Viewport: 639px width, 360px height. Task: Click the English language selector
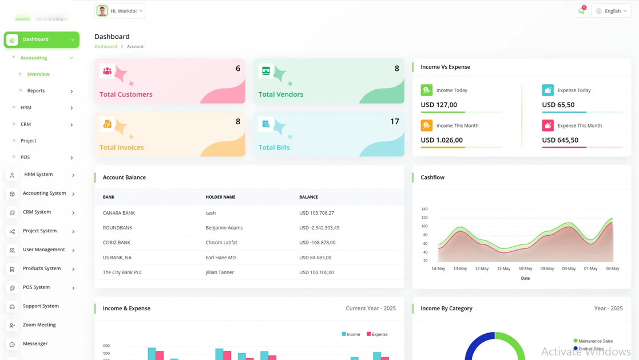pyautogui.click(x=612, y=11)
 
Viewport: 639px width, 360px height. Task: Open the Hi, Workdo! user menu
pyautogui.click(x=120, y=11)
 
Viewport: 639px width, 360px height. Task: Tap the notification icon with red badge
pyautogui.click(x=581, y=11)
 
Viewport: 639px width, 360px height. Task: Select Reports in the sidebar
pyautogui.click(x=36, y=91)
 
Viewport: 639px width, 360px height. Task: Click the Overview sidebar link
pyautogui.click(x=38, y=74)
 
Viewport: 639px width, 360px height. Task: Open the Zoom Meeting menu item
pyautogui.click(x=39, y=325)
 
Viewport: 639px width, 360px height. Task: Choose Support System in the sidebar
pyautogui.click(x=41, y=306)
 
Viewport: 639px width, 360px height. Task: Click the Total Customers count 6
pyautogui.click(x=238, y=69)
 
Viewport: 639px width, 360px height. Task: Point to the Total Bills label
pyautogui.click(x=274, y=148)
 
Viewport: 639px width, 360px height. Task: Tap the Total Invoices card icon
pyautogui.click(x=107, y=124)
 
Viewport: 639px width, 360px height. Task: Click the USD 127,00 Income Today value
pyautogui.click(x=439, y=105)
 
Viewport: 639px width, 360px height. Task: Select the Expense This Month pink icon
pyautogui.click(x=547, y=125)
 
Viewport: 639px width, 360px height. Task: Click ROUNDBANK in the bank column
pyautogui.click(x=117, y=228)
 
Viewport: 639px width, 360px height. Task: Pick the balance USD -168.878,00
pyautogui.click(x=317, y=243)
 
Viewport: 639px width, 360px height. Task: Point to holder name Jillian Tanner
pyautogui.click(x=220, y=272)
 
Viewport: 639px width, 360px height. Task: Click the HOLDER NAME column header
pyautogui.click(x=220, y=197)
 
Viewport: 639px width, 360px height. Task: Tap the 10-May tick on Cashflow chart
pyautogui.click(x=525, y=268)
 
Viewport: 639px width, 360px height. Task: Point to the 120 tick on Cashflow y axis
pyautogui.click(x=424, y=217)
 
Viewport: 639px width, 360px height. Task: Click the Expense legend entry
pyautogui.click(x=377, y=334)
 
